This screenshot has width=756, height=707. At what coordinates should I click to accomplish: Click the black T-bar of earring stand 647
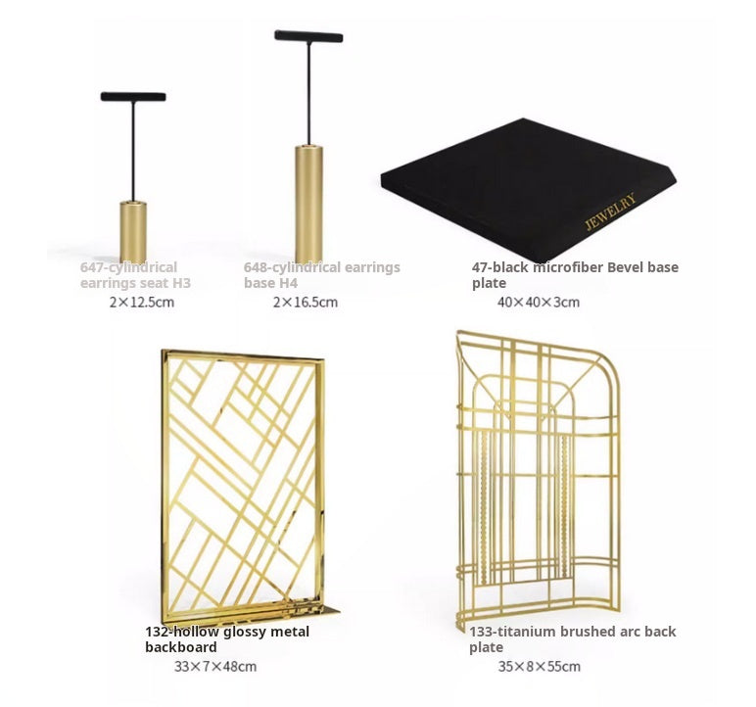tap(132, 97)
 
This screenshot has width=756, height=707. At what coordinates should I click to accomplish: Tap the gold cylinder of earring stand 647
tap(133, 231)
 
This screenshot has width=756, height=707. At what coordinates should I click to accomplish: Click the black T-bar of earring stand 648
tap(308, 36)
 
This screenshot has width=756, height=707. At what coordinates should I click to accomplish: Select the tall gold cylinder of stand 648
tap(308, 203)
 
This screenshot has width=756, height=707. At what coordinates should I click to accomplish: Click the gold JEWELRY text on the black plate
tap(610, 211)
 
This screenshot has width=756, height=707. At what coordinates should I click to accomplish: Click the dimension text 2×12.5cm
tap(141, 302)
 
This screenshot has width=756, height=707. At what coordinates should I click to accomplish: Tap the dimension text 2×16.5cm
tap(305, 302)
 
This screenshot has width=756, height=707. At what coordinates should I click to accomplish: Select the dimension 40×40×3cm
tap(538, 302)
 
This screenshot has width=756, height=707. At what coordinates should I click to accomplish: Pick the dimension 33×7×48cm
tap(214, 667)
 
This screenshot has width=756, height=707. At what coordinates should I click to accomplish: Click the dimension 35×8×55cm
tap(539, 667)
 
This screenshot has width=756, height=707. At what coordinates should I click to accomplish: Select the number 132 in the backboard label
tap(158, 632)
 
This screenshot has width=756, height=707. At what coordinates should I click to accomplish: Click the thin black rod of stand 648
tap(308, 93)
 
